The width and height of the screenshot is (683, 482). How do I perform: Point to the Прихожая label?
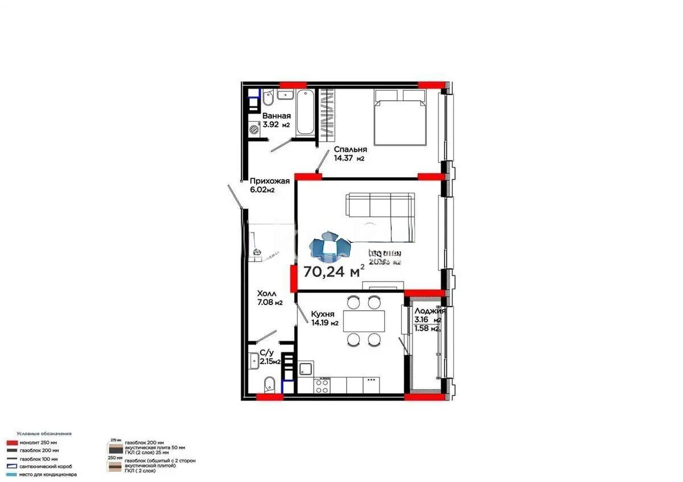pos(269,182)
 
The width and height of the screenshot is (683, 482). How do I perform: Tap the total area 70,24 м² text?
pos(334,271)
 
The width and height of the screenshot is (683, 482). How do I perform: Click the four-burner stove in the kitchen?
pos(322,385)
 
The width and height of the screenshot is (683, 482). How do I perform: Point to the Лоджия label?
pos(430,311)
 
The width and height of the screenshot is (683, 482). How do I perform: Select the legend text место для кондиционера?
pos(48,474)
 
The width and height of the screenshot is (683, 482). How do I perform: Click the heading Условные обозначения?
pos(43,434)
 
